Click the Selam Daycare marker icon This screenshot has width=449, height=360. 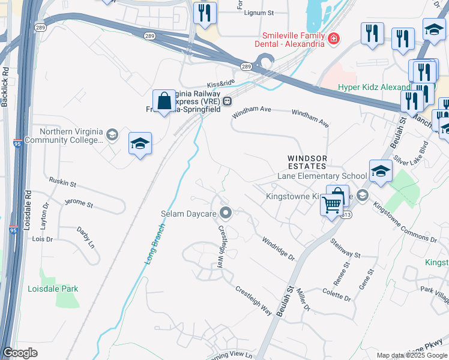click(226, 212)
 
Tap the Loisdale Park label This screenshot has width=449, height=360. click(53, 289)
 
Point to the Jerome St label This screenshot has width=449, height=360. click(79, 204)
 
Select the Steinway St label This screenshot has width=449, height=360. click(345, 248)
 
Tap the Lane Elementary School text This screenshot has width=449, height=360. click(322, 176)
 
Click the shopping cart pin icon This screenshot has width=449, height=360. click(332, 205)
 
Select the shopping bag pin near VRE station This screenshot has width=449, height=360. click(164, 102)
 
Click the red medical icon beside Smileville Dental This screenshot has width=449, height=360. click(333, 39)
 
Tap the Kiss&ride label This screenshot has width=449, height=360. click(218, 84)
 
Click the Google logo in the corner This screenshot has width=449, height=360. click(20, 353)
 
